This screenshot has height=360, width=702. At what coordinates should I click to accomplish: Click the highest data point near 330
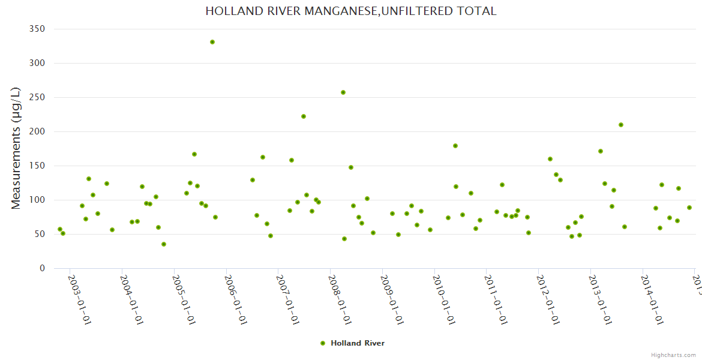[x=212, y=42]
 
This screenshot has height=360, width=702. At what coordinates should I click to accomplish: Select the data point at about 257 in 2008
[x=343, y=92]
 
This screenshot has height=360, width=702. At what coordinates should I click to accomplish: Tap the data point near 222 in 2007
[x=304, y=116]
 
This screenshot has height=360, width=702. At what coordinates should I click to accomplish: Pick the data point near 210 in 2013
[x=621, y=125]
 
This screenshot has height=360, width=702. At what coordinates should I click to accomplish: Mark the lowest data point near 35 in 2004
[x=164, y=244]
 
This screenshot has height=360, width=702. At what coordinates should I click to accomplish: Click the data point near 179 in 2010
[x=455, y=146]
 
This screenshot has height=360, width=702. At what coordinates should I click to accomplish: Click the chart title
[x=351, y=11]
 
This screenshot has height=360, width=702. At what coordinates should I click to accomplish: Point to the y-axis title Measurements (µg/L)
[x=16, y=148]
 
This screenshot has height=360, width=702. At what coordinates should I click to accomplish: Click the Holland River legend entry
[x=357, y=343]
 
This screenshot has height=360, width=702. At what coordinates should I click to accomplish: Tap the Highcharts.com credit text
[x=674, y=355]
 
